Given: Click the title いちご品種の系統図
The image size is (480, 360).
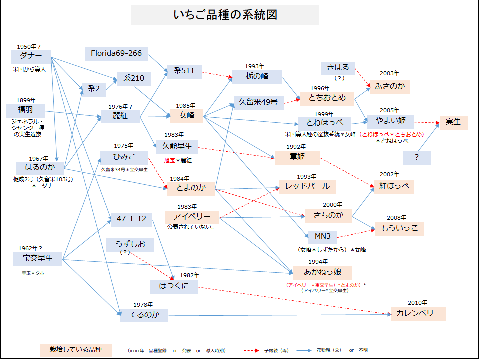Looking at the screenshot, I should click(225, 15).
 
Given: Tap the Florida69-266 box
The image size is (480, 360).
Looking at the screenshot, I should click(116, 53).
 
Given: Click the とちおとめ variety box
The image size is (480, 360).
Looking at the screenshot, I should click(327, 98).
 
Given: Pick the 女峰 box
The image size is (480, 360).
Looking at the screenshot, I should click(187, 116).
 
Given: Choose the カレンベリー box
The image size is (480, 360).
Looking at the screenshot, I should click(418, 314).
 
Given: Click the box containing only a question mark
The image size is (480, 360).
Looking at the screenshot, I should click(416, 158).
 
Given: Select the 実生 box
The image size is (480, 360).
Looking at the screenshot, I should click(453, 122).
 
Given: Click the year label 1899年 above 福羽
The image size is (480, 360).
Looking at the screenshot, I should click(26, 100).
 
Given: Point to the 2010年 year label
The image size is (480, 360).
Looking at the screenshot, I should click(417, 303).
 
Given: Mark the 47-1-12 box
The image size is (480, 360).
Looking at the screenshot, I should click(131, 219).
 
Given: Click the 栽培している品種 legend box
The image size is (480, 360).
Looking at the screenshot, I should click(76, 349).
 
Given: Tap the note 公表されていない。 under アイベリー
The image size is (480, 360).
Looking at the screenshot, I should click(191, 227).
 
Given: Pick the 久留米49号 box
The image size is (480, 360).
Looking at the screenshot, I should click(258, 102).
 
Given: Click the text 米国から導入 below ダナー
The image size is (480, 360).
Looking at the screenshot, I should click(29, 69).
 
